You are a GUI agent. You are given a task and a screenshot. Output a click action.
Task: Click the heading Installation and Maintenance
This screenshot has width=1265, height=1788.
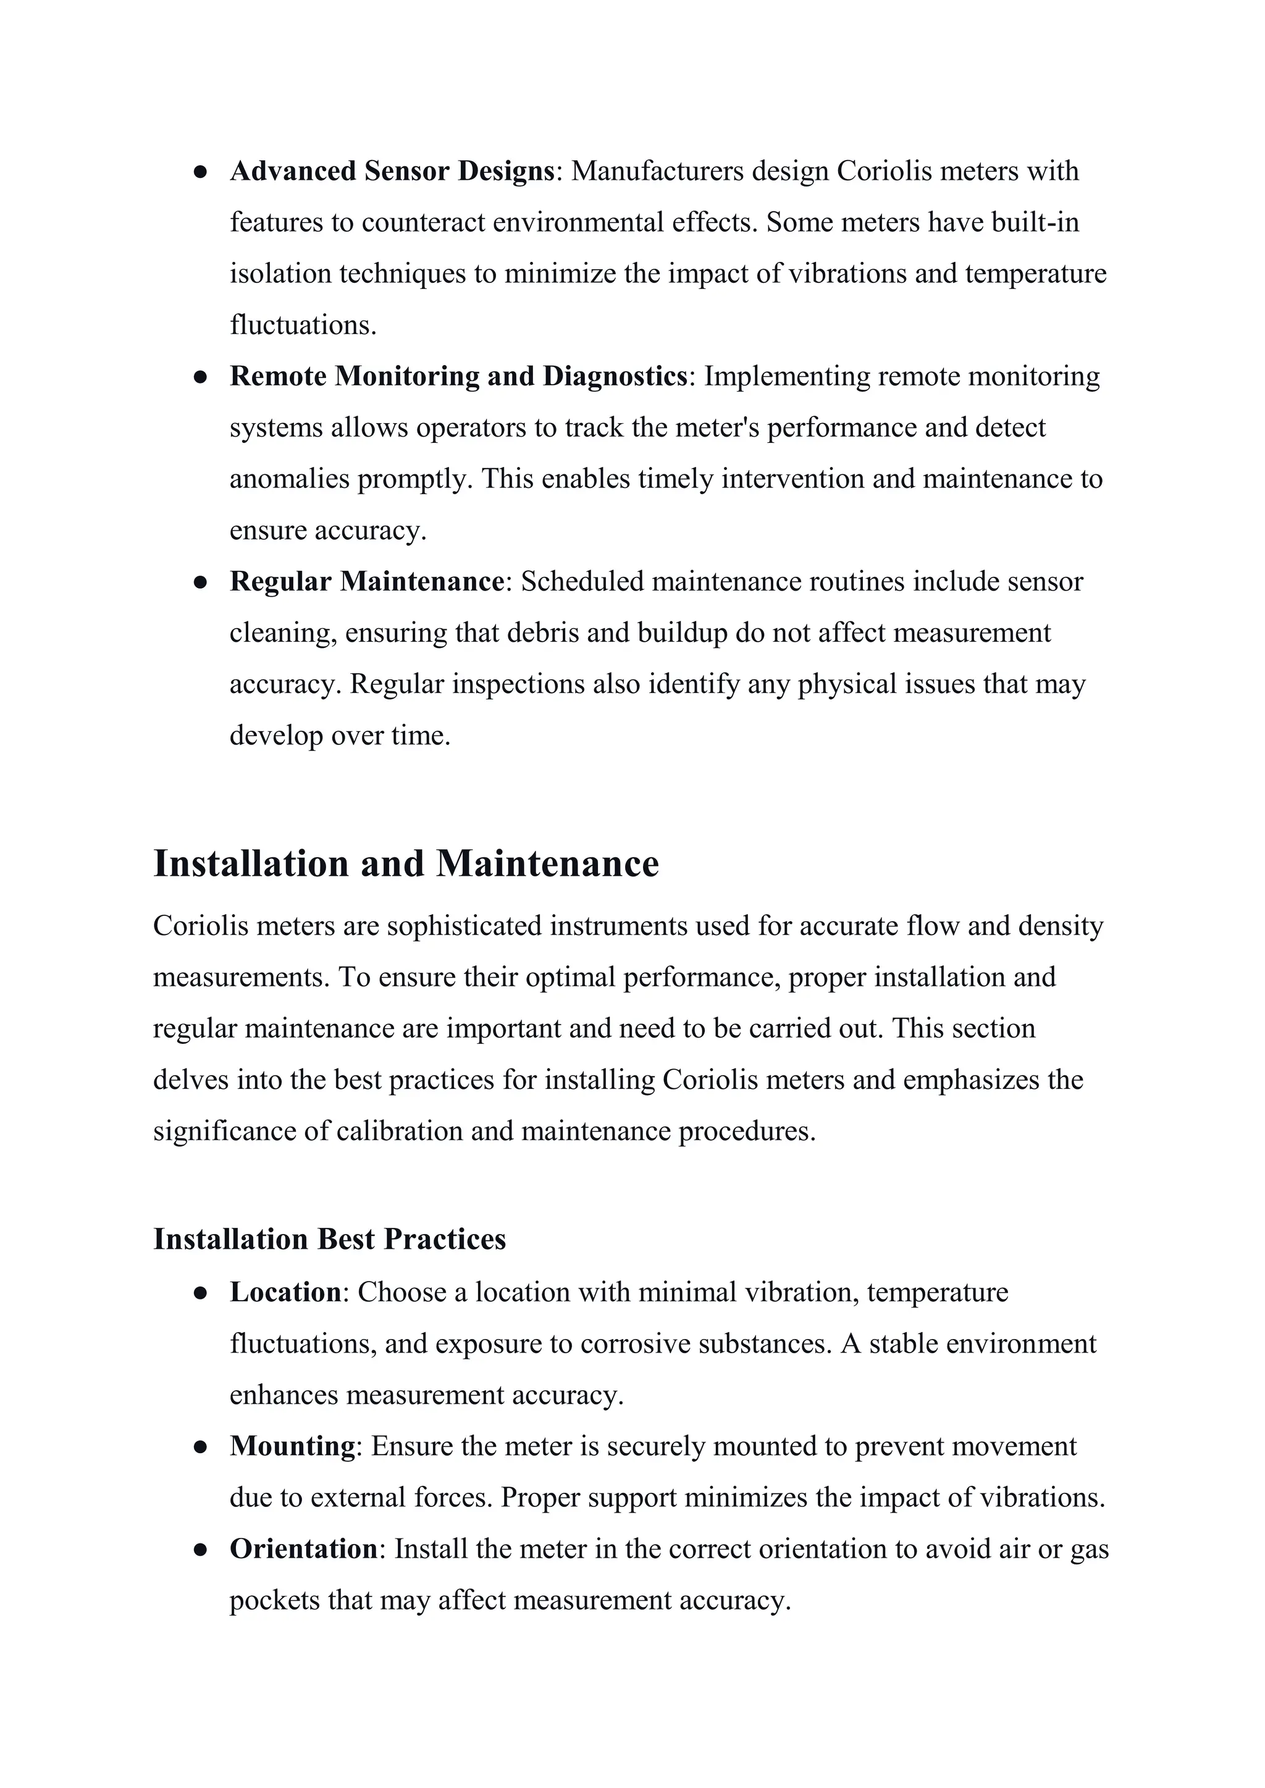[x=406, y=863]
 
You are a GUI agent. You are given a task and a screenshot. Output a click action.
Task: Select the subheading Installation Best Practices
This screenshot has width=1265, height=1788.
[x=329, y=1239]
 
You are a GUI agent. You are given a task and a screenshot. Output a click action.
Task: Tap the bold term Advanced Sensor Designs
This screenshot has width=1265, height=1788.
[x=392, y=171]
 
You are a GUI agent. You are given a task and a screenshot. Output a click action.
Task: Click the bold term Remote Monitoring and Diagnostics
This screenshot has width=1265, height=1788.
[x=459, y=376]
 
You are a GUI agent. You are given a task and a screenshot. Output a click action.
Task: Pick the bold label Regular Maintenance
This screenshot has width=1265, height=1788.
[x=367, y=582]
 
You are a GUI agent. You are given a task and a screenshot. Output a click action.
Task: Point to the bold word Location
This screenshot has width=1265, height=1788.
[x=285, y=1292]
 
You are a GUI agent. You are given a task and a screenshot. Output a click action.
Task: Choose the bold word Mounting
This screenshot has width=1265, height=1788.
[x=292, y=1446]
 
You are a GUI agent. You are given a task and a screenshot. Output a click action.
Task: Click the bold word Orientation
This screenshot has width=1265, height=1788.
[x=304, y=1549]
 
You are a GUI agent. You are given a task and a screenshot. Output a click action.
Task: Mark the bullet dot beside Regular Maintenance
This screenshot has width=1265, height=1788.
[x=200, y=582]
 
